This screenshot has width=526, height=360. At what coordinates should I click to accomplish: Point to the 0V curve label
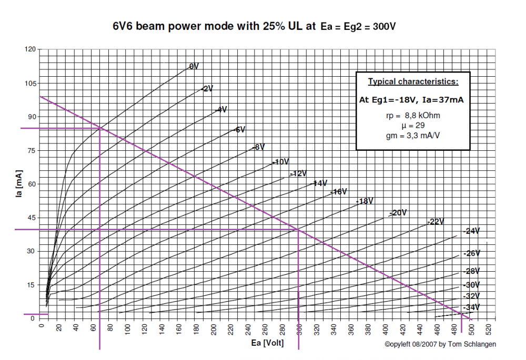pos(194,66)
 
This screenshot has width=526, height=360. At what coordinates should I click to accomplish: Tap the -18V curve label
pos(365,201)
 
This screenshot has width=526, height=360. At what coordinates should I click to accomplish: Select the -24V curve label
pos(472,231)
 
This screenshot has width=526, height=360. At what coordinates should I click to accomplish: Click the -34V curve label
pos(472,307)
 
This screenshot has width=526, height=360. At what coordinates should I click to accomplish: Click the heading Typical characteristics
pos(413,81)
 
